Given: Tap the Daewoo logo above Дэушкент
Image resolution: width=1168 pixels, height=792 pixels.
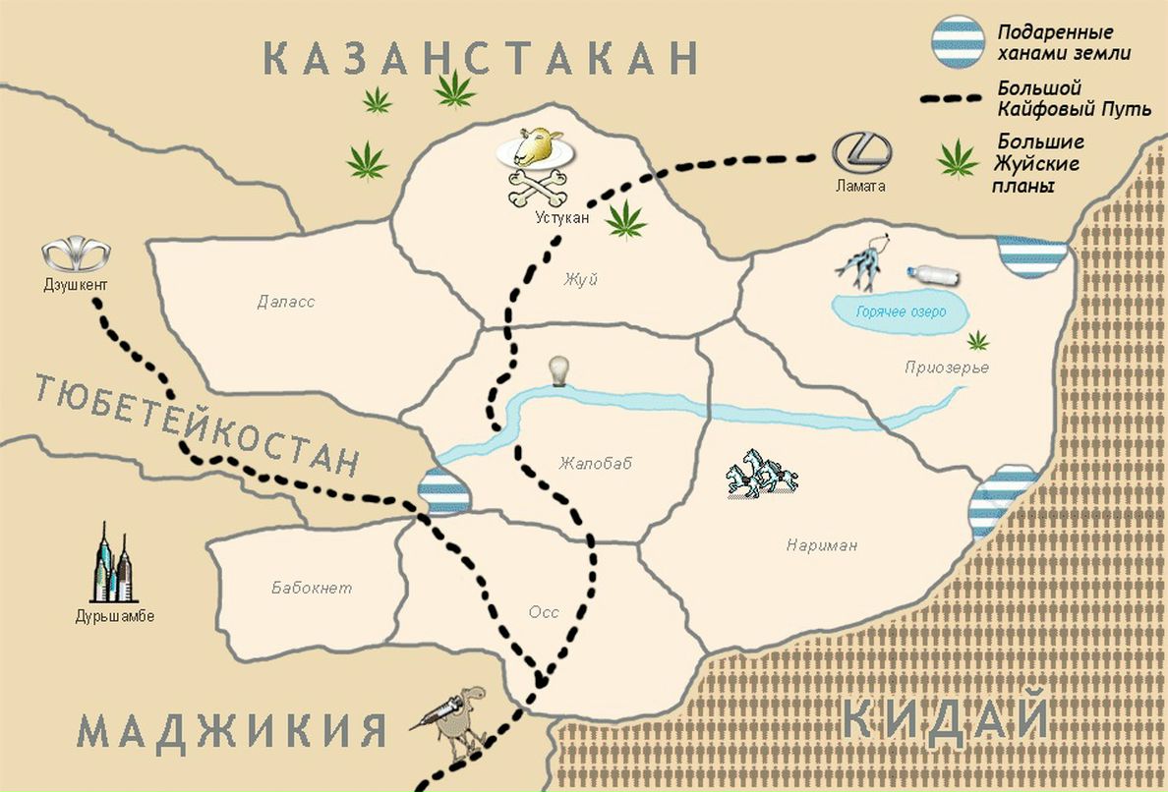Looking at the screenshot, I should [x=71, y=254].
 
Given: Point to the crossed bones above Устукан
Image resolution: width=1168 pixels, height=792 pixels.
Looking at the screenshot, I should [x=536, y=188].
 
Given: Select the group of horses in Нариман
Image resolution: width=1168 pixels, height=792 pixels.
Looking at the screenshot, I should [x=761, y=473].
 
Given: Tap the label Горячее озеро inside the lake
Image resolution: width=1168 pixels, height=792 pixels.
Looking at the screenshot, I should [x=900, y=311].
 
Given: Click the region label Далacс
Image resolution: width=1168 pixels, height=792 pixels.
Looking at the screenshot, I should [x=285, y=302].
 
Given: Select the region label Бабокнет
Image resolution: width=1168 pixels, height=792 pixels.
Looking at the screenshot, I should [x=312, y=589].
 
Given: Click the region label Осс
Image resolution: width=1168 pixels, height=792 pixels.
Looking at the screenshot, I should [x=543, y=612].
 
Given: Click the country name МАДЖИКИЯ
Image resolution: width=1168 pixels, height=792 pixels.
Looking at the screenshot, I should [x=232, y=732].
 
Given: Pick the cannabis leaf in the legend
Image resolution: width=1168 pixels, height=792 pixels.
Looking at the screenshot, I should [x=958, y=159].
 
